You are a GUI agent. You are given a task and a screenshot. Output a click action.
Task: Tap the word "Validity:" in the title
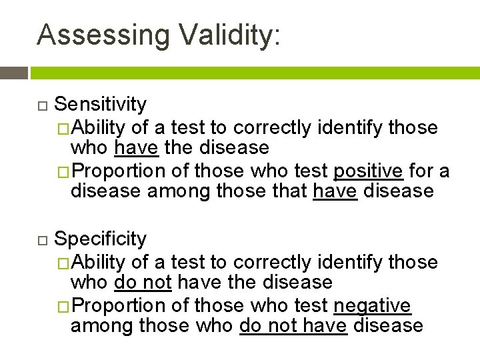(229, 34)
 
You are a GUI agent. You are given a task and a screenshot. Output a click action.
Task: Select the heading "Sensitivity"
(100, 104)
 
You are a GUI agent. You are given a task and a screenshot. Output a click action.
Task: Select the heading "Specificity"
(100, 239)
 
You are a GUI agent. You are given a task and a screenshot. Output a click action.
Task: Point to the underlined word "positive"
(368, 171)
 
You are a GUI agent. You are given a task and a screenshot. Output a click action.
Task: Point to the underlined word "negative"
(372, 305)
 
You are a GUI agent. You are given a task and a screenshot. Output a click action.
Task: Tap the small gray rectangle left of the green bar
(13, 73)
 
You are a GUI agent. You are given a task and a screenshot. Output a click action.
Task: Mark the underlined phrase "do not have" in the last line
(293, 325)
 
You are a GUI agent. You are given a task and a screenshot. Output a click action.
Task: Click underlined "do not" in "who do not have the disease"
(143, 282)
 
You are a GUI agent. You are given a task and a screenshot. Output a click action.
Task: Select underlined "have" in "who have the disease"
(135, 147)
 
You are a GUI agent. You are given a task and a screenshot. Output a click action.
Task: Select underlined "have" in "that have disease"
(335, 191)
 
